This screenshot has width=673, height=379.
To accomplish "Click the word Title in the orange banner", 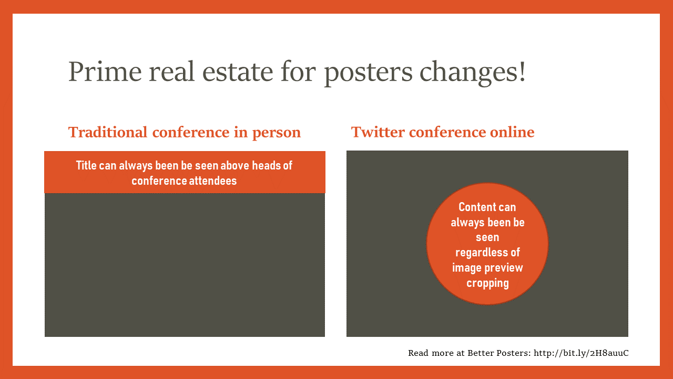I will (x=86, y=165).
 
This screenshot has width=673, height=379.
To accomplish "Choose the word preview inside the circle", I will (x=503, y=268).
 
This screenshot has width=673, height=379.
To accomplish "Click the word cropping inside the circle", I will (x=487, y=283).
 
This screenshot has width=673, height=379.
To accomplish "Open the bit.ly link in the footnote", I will (x=581, y=353).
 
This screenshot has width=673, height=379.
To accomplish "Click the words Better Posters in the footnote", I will (x=499, y=353).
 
